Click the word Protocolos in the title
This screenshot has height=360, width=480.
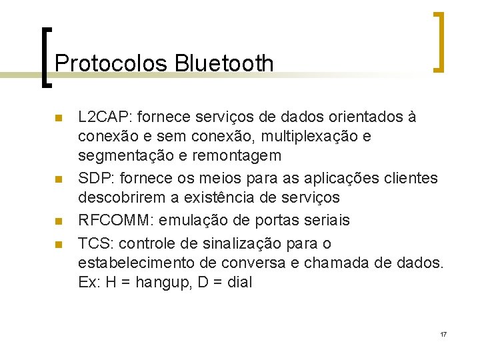(111, 63)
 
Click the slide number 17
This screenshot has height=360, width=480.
(443, 333)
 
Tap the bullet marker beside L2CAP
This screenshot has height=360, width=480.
(58, 119)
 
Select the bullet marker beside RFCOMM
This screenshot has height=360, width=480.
(58, 221)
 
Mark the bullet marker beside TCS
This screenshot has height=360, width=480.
(58, 244)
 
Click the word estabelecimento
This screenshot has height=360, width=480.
(133, 262)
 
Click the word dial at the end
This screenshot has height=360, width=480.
(239, 282)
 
